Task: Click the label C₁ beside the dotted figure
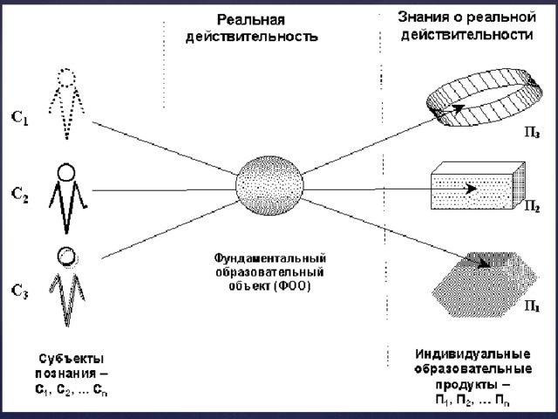tap(20, 118)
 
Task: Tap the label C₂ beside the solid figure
tap(19, 195)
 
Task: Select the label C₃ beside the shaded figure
tap(20, 291)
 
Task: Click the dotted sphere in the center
tap(269, 185)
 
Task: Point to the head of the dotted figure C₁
tap(66, 78)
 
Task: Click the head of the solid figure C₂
tap(66, 173)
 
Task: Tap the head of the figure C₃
tap(66, 257)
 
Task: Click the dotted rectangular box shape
tap(479, 185)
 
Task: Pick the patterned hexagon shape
tap(485, 285)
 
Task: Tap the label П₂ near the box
tap(532, 207)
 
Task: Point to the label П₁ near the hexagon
tap(533, 306)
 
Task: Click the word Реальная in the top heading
tap(251, 19)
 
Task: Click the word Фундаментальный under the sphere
tap(270, 258)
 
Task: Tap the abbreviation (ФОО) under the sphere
tap(293, 286)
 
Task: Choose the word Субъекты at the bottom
tap(71, 359)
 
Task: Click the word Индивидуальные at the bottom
tap(473, 354)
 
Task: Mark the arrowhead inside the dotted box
tap(471, 189)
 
